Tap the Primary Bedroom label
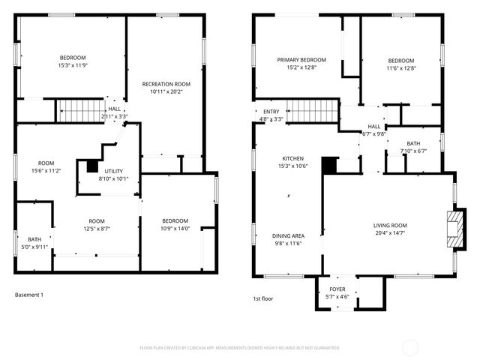click(301, 60)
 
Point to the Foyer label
click(337, 289)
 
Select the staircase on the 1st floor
click(313, 111)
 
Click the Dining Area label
click(288, 235)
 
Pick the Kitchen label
click(292, 158)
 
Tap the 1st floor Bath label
click(413, 143)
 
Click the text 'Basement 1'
click(29, 295)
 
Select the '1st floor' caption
click(262, 298)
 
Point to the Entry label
click(271, 112)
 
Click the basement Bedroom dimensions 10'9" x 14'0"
click(175, 229)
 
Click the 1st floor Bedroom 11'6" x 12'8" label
click(400, 61)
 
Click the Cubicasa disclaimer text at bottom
click(240, 348)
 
